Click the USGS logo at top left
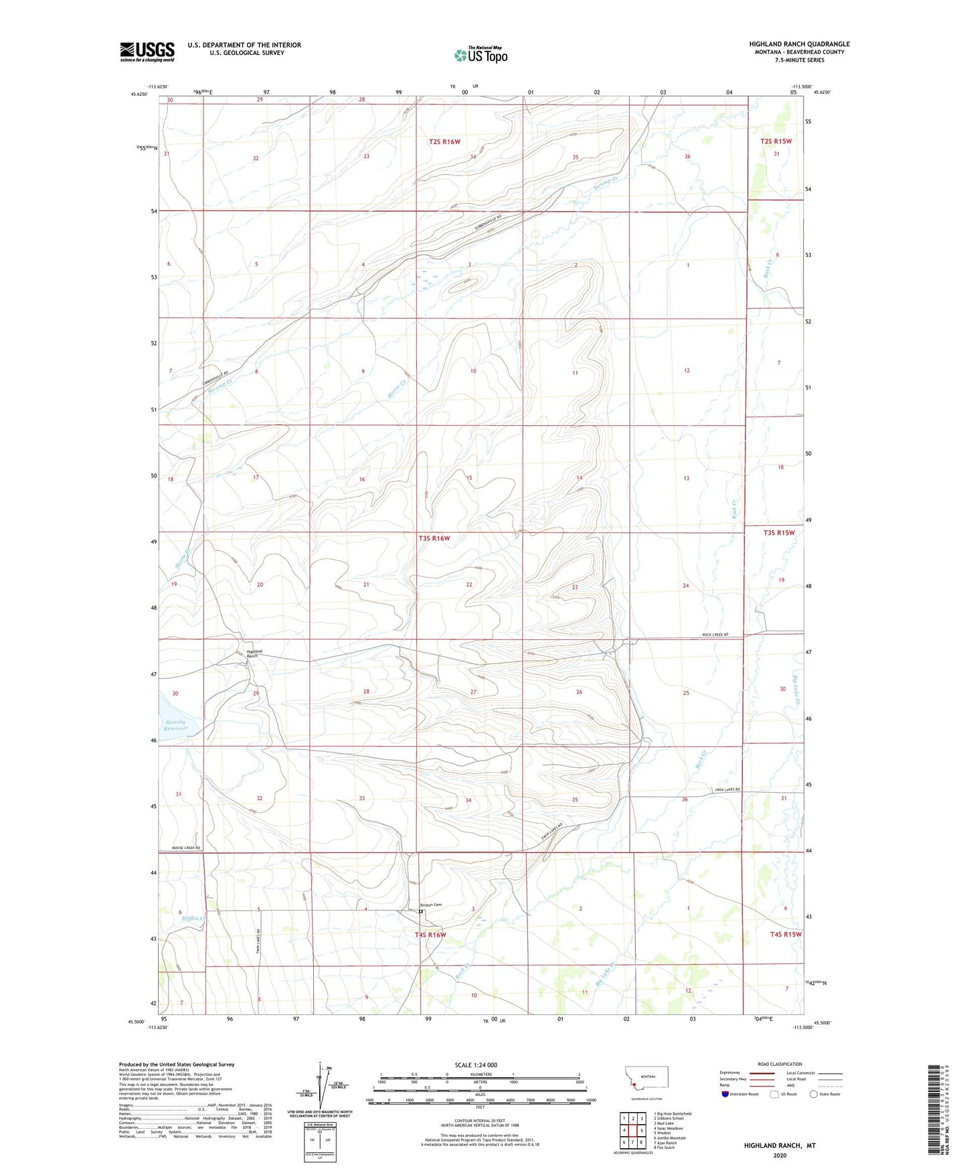[x=147, y=52]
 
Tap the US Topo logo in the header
[x=480, y=55]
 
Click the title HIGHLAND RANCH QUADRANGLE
[x=799, y=44]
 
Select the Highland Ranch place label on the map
[x=254, y=653]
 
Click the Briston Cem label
[x=431, y=905]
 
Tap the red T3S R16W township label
[x=434, y=538]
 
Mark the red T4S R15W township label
[x=785, y=934]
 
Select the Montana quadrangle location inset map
[x=640, y=1081]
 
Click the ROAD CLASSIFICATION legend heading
[x=780, y=1064]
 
